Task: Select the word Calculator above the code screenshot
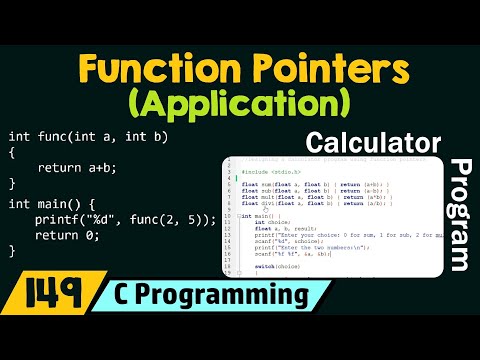[373, 141]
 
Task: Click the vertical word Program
[462, 214]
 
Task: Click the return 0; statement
[67, 235]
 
